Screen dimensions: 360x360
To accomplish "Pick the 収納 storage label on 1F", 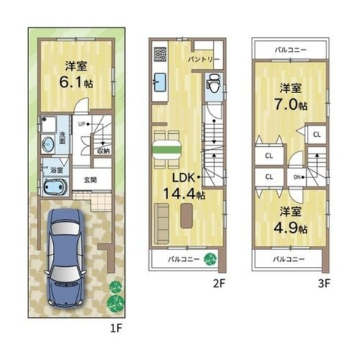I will pyautogui.click(x=103, y=151).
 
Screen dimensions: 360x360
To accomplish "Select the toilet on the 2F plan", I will pyautogui.click(x=212, y=86).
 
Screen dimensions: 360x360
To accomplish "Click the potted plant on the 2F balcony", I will pyautogui.click(x=210, y=257).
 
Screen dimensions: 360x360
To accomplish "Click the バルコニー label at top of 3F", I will pyautogui.click(x=289, y=49).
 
